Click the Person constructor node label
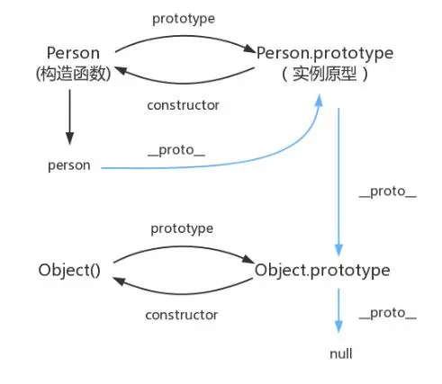point(73,53)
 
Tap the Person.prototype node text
point(325,53)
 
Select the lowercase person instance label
point(69,165)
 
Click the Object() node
point(69,270)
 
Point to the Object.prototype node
point(322,270)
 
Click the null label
point(341,353)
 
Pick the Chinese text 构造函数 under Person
point(74,74)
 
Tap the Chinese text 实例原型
point(325,74)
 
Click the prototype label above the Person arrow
point(184,19)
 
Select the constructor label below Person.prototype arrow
point(183,105)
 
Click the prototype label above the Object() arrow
point(182,228)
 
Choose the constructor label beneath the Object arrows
point(182,315)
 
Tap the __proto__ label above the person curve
point(176,150)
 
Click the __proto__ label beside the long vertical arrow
point(388,192)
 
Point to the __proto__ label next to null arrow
point(388,313)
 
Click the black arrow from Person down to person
point(70,117)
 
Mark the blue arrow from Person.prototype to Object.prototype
point(338,182)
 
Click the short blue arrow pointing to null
point(338,310)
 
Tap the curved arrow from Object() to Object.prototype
point(184,247)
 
